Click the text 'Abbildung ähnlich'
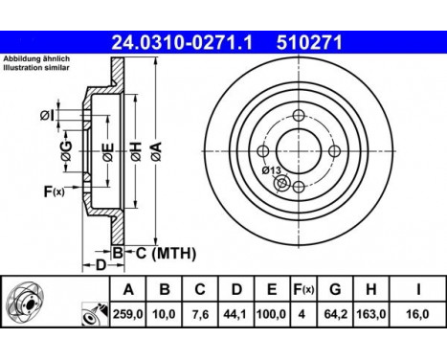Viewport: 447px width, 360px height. pos(31,59)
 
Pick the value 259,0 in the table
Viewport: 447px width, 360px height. pos(125,313)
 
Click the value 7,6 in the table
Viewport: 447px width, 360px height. pos(200,313)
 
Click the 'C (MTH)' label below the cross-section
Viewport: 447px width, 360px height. pos(164,253)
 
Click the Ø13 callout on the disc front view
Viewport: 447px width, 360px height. pos(272,169)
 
